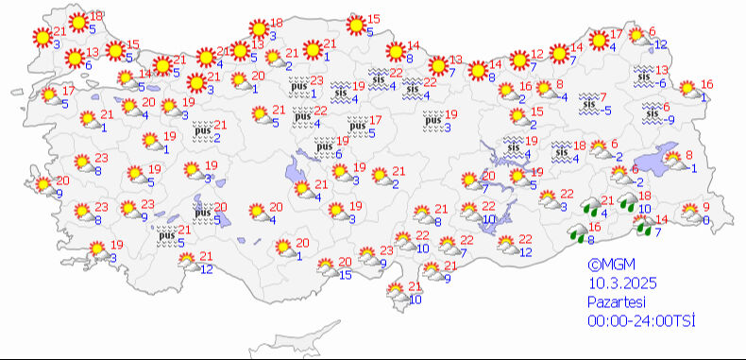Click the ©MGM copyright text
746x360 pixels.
(x=608, y=266)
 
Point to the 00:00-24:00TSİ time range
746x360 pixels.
(x=640, y=321)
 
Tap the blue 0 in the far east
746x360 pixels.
(x=708, y=220)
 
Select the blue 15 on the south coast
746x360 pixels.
(x=346, y=275)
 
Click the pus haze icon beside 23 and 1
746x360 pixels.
(x=299, y=88)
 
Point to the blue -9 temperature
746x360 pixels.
(x=670, y=120)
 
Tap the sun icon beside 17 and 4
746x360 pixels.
(x=598, y=41)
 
